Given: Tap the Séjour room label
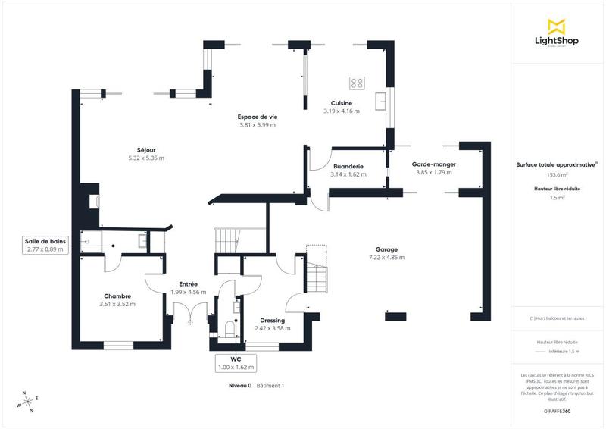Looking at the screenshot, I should pyautogui.click(x=146, y=150).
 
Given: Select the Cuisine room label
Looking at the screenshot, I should pyautogui.click(x=342, y=103).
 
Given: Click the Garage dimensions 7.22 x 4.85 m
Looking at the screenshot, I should pyautogui.click(x=386, y=258).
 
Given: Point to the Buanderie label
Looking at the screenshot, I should pyautogui.click(x=348, y=166).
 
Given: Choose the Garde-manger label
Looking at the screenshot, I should pyautogui.click(x=433, y=164).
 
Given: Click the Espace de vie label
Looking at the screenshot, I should pyautogui.click(x=258, y=117).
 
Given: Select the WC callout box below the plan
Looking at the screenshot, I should pyautogui.click(x=237, y=363).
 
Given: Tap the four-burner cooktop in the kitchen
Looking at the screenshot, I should pyautogui.click(x=357, y=82).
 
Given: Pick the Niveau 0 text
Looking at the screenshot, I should pyautogui.click(x=240, y=386).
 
